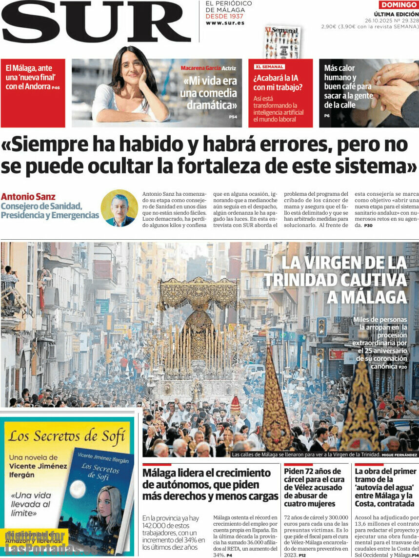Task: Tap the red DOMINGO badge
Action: tap(399, 5)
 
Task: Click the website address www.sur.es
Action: tap(225, 23)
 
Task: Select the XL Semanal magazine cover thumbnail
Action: tap(282, 42)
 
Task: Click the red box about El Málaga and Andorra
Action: tap(33, 93)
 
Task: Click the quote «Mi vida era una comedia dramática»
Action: tap(208, 93)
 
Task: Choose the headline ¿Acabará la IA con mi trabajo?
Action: tap(278, 83)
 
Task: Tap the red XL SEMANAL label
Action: tap(269, 67)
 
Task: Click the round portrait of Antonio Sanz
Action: tap(119, 208)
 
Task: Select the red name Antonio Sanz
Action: tap(28, 197)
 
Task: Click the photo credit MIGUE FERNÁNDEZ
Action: tap(399, 455)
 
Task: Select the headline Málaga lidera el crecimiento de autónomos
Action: tap(210, 484)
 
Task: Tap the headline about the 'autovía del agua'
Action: tap(386, 487)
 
